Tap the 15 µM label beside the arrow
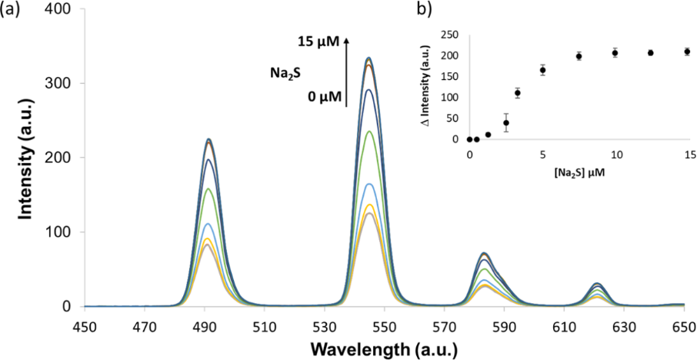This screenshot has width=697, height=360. click(318, 41)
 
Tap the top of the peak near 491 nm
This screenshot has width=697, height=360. click(208, 139)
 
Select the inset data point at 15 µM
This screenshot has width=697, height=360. click(687, 52)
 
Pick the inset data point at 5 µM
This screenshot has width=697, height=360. click(542, 70)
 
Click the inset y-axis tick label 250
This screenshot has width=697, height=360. click(452, 35)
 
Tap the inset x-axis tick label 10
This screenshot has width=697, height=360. click(615, 155)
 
